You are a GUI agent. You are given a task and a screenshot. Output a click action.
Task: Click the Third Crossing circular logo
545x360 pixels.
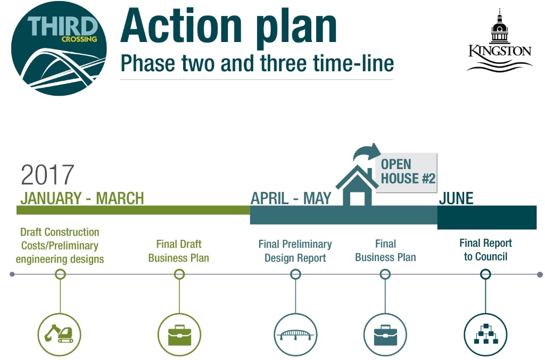pyautogui.click(x=59, y=48)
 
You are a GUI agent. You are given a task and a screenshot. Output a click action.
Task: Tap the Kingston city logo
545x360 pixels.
pyautogui.click(x=500, y=41)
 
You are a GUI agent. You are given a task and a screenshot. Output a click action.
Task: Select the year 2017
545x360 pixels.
pyautogui.click(x=47, y=174)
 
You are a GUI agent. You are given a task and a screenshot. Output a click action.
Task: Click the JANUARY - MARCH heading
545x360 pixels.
pyautogui.click(x=82, y=198)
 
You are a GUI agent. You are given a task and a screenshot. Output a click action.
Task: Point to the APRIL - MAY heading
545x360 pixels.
pyautogui.click(x=291, y=198)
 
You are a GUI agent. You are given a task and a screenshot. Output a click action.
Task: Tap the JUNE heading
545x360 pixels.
pyautogui.click(x=456, y=198)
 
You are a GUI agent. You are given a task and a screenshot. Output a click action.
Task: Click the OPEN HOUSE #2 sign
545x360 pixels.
pyautogui.click(x=407, y=172)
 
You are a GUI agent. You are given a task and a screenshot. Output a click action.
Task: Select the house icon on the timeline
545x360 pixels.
pyautogui.click(x=357, y=186)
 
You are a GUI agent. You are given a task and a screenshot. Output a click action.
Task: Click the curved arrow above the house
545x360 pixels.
pyautogui.click(x=367, y=152)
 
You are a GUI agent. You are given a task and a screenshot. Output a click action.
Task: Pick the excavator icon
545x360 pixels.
pyautogui.click(x=60, y=334)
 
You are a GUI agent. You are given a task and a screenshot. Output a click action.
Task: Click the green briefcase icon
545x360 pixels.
pyautogui.click(x=179, y=334)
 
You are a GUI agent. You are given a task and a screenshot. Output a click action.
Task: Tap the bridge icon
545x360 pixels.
pyautogui.click(x=295, y=334)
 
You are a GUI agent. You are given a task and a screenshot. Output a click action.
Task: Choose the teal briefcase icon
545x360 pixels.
pyautogui.click(x=385, y=334)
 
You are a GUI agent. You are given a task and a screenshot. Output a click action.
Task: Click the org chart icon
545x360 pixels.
pyautogui.click(x=485, y=334)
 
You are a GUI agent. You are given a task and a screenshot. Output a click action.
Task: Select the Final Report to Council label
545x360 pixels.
pyautogui.click(x=485, y=250)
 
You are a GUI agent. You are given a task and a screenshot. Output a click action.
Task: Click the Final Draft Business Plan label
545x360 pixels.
pyautogui.click(x=179, y=251)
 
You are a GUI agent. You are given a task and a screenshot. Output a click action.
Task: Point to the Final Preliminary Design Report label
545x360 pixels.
pyautogui.click(x=295, y=251)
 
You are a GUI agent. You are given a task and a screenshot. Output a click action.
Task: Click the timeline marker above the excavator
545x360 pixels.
pyautogui.click(x=60, y=274)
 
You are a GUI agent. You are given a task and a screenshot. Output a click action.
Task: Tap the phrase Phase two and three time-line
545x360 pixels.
pyautogui.click(x=257, y=63)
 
